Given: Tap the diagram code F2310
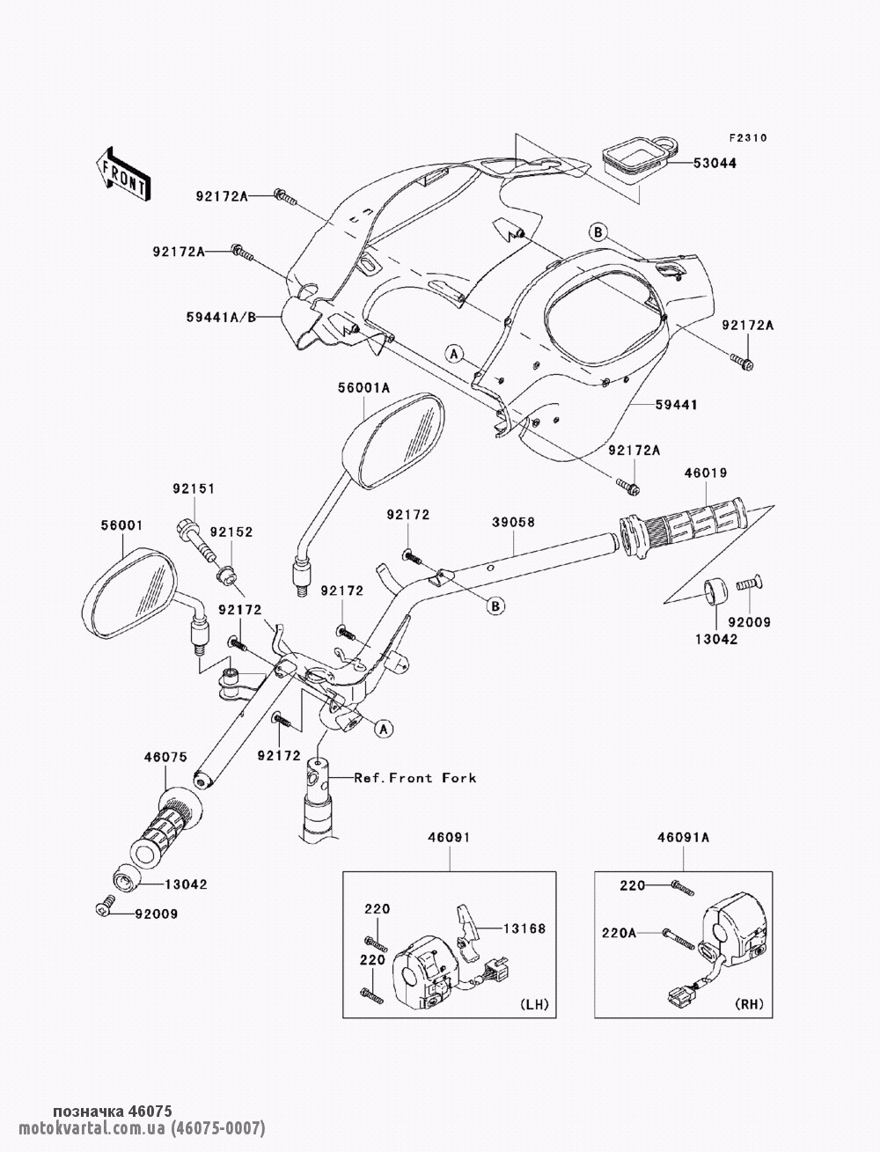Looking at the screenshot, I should point(747,138).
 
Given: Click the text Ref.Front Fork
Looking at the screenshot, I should point(414,778).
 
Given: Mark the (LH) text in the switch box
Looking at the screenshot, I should point(532,1004).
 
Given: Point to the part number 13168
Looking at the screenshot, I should point(524,928).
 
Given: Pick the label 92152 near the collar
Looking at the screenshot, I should point(236,532).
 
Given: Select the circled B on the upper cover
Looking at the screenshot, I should point(598,232).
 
